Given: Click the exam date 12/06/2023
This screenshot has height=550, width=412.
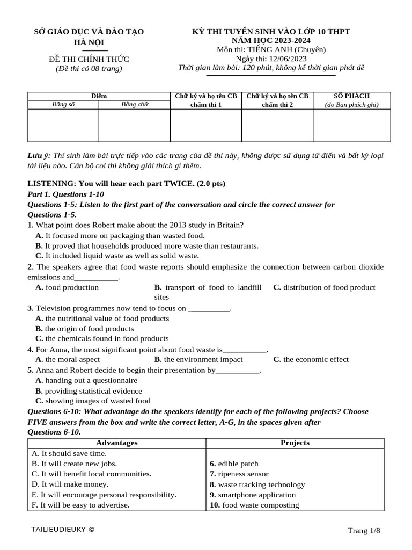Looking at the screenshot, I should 289,59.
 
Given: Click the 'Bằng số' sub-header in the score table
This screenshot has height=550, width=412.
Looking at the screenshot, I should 63,105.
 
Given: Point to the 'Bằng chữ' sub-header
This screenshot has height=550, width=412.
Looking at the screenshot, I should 135,105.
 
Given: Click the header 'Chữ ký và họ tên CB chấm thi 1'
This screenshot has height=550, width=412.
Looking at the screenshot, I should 205,100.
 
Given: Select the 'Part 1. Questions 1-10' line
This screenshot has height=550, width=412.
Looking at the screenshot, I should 65,194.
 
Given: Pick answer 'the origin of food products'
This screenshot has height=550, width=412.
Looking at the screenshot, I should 89,329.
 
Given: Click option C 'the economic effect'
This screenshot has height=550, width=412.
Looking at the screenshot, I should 316,359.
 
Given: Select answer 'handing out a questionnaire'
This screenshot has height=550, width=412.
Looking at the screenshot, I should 91,380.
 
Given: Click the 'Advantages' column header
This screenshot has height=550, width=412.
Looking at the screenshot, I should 116,443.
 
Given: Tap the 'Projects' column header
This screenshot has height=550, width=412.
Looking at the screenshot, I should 295,443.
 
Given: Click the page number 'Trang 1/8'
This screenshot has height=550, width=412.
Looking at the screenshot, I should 364,531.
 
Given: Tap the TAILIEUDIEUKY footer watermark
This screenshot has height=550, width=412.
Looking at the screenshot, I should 63,530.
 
